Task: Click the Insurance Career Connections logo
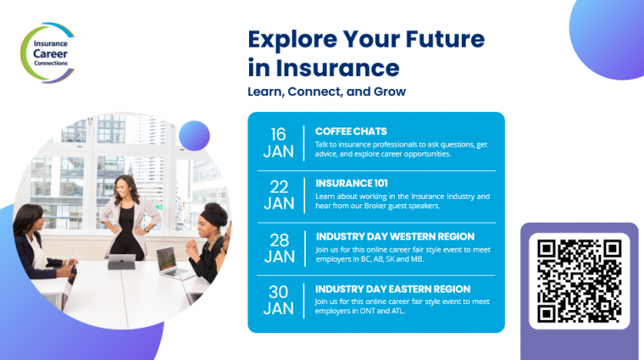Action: tap(48, 53)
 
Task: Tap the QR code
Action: tap(579, 280)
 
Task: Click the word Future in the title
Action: tap(445, 40)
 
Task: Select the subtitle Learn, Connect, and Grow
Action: tap(326, 91)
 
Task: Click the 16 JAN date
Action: tap(279, 143)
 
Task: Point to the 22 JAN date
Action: tap(279, 195)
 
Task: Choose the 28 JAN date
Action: tap(280, 248)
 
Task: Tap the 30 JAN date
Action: tap(279, 300)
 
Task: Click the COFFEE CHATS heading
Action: tap(351, 131)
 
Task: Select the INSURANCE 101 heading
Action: tap(352, 183)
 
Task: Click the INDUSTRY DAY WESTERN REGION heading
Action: tap(395, 236)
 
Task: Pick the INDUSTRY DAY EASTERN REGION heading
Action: tap(392, 289)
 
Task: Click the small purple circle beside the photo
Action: tap(194, 136)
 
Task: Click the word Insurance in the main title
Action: tap(337, 68)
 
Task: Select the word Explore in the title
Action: tap(293, 40)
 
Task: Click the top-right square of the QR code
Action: tap(611, 249)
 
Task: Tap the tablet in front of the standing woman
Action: tap(121, 262)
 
